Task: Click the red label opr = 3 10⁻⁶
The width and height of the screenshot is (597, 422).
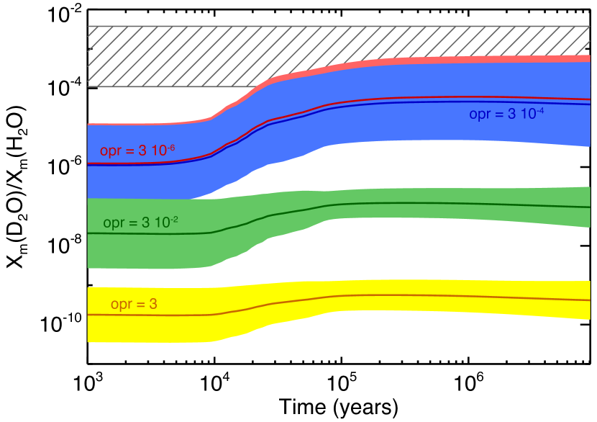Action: [137, 151]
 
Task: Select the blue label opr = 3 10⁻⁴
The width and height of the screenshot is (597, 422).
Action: [506, 115]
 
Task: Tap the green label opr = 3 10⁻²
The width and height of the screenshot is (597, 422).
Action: [140, 223]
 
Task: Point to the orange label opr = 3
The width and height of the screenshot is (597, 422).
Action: [134, 305]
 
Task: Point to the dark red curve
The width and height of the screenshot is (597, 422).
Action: [432, 97]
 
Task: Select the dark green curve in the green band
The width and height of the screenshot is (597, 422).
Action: [432, 204]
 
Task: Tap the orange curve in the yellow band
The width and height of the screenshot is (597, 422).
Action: [432, 296]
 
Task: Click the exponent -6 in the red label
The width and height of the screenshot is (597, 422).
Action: [170, 148]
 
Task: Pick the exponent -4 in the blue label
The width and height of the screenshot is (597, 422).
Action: [539, 110]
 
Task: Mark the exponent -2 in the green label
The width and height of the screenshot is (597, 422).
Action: [173, 220]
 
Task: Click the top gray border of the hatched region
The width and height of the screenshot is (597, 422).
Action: [338, 26]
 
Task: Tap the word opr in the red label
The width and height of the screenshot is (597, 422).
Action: [110, 152]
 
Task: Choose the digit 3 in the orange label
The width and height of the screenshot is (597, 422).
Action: [152, 305]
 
